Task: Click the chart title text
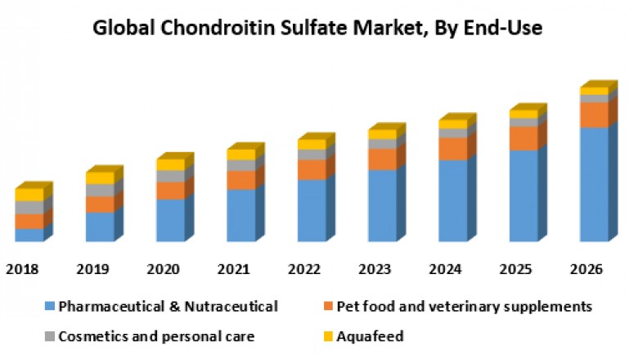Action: [x=317, y=28]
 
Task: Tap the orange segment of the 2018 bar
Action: [x=29, y=221]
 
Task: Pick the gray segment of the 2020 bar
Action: [x=170, y=176]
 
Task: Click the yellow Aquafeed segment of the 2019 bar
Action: [x=100, y=178]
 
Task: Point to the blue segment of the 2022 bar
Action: [x=311, y=210]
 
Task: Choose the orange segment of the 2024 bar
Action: [x=452, y=149]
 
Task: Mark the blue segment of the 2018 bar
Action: [x=29, y=235]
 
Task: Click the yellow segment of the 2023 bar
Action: [x=381, y=134]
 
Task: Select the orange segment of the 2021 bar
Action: [x=240, y=180]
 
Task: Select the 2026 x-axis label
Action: [x=586, y=269]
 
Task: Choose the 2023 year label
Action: [x=374, y=269]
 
